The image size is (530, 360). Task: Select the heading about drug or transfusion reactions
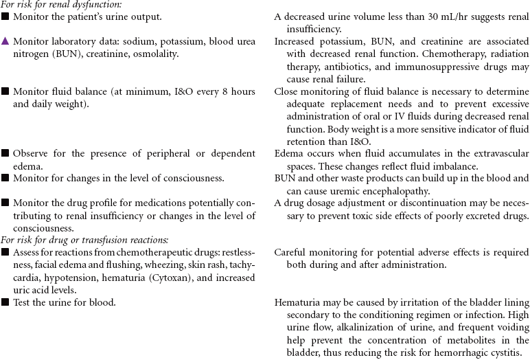point(84,240)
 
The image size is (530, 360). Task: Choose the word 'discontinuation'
point(417,203)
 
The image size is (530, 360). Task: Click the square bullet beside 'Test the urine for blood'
point(5,302)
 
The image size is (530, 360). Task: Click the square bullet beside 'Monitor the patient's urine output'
point(5,16)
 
